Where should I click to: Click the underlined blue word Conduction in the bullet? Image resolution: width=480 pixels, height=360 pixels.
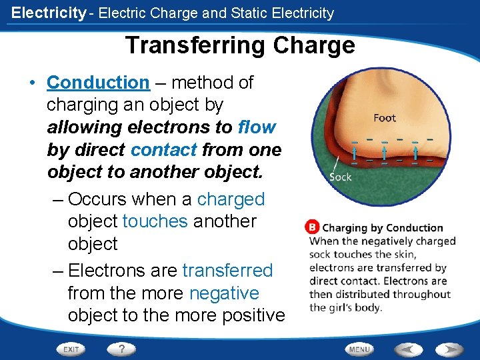(98, 83)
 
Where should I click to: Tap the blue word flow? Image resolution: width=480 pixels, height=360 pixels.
(257, 127)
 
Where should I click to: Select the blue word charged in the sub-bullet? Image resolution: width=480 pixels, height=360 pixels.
(231, 199)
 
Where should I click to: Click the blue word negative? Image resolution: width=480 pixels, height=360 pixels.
(224, 293)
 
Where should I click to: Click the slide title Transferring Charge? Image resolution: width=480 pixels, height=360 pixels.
(239, 45)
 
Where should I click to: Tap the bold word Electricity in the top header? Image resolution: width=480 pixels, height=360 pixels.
(49, 13)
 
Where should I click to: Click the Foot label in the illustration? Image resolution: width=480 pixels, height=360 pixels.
(385, 118)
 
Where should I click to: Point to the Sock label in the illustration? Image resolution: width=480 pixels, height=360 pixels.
(340, 177)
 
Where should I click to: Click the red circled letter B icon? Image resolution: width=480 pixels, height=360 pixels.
(311, 227)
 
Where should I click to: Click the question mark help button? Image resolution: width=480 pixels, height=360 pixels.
(121, 349)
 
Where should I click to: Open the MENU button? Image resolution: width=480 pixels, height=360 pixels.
(359, 349)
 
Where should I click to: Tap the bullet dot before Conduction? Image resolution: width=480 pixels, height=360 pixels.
(31, 83)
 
